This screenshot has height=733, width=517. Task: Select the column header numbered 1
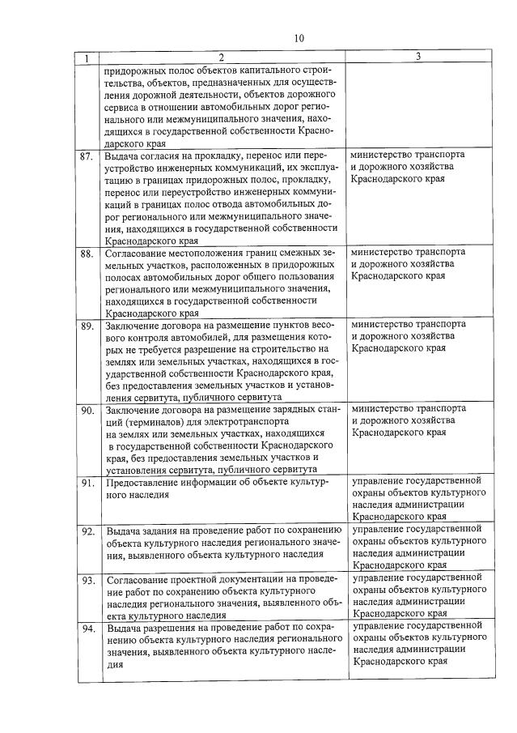coord(87,58)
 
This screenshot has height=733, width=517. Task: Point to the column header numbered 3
coord(417,58)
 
